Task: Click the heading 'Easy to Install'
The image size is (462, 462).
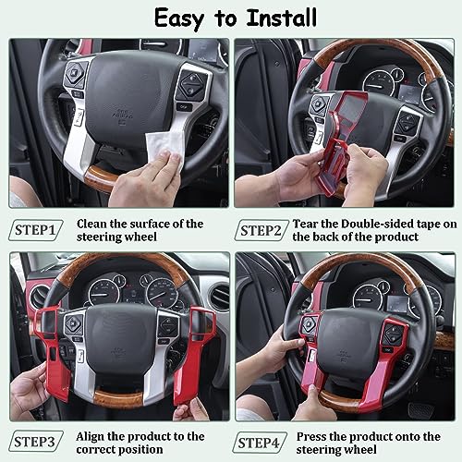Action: click(x=231, y=18)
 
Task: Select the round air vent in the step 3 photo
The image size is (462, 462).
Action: click(x=39, y=297)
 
